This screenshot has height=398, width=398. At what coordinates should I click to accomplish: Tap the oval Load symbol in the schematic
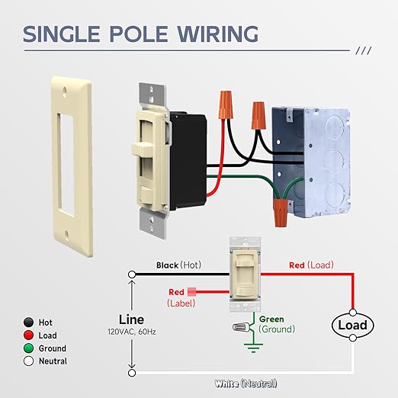click(x=352, y=325)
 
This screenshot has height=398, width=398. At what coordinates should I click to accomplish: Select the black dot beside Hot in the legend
click(x=28, y=323)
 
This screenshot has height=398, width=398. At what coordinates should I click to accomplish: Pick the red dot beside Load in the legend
click(x=28, y=335)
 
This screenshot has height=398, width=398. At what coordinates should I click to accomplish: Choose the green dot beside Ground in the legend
click(x=28, y=348)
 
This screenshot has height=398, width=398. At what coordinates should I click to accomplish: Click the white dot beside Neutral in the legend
click(x=28, y=361)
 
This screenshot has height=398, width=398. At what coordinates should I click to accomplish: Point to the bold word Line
click(x=131, y=319)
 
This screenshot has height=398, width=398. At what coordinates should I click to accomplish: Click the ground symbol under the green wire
click(x=252, y=347)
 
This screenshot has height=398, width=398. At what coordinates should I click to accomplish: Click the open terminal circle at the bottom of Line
click(x=132, y=374)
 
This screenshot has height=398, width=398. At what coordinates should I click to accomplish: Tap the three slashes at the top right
click(x=364, y=51)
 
